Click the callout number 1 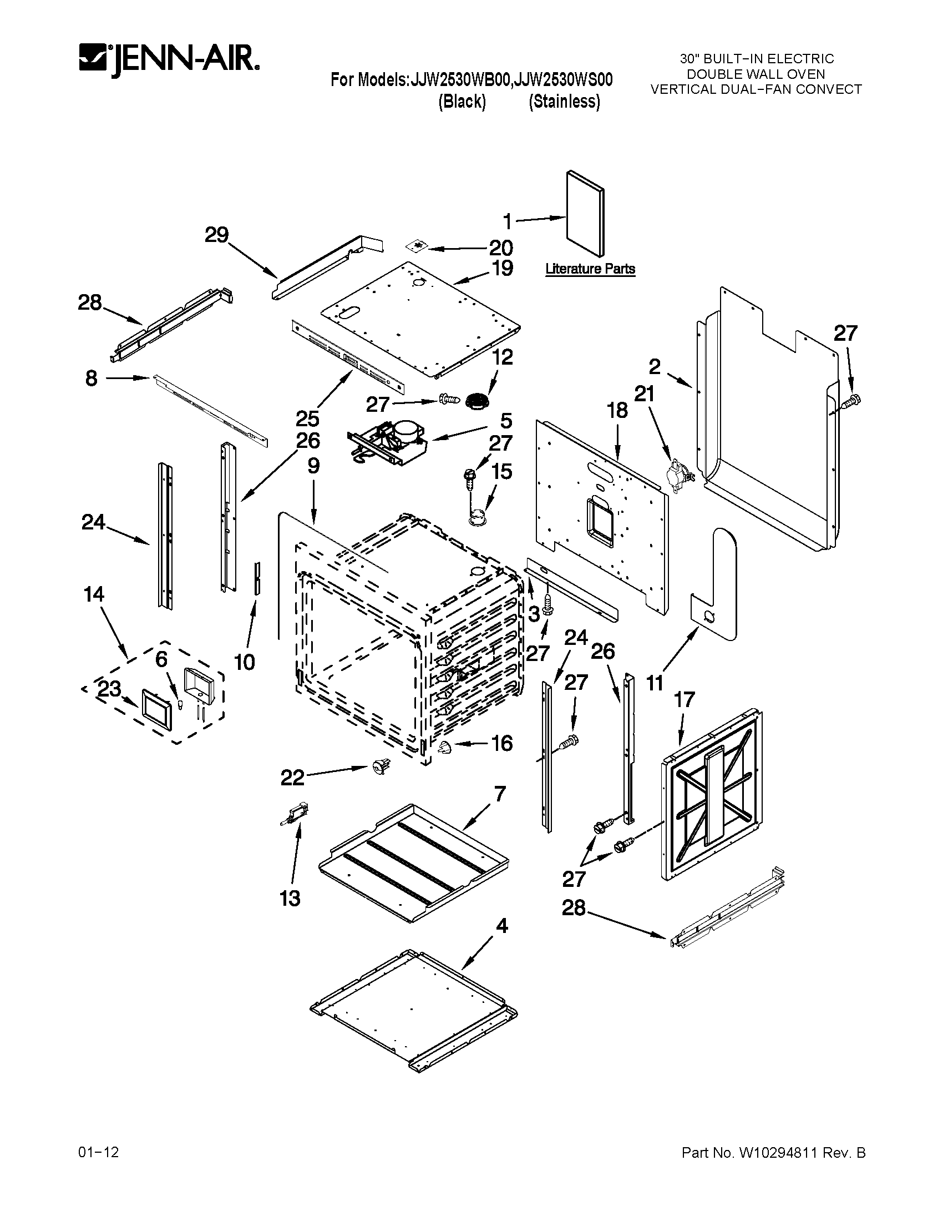[x=507, y=223]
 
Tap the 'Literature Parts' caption [x=590, y=269]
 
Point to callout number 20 [x=501, y=248]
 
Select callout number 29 [x=217, y=235]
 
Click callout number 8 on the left [x=92, y=379]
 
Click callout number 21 [x=644, y=394]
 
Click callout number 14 [x=94, y=594]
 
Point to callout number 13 [x=290, y=899]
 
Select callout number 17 [x=685, y=699]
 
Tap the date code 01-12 [x=98, y=1152]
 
